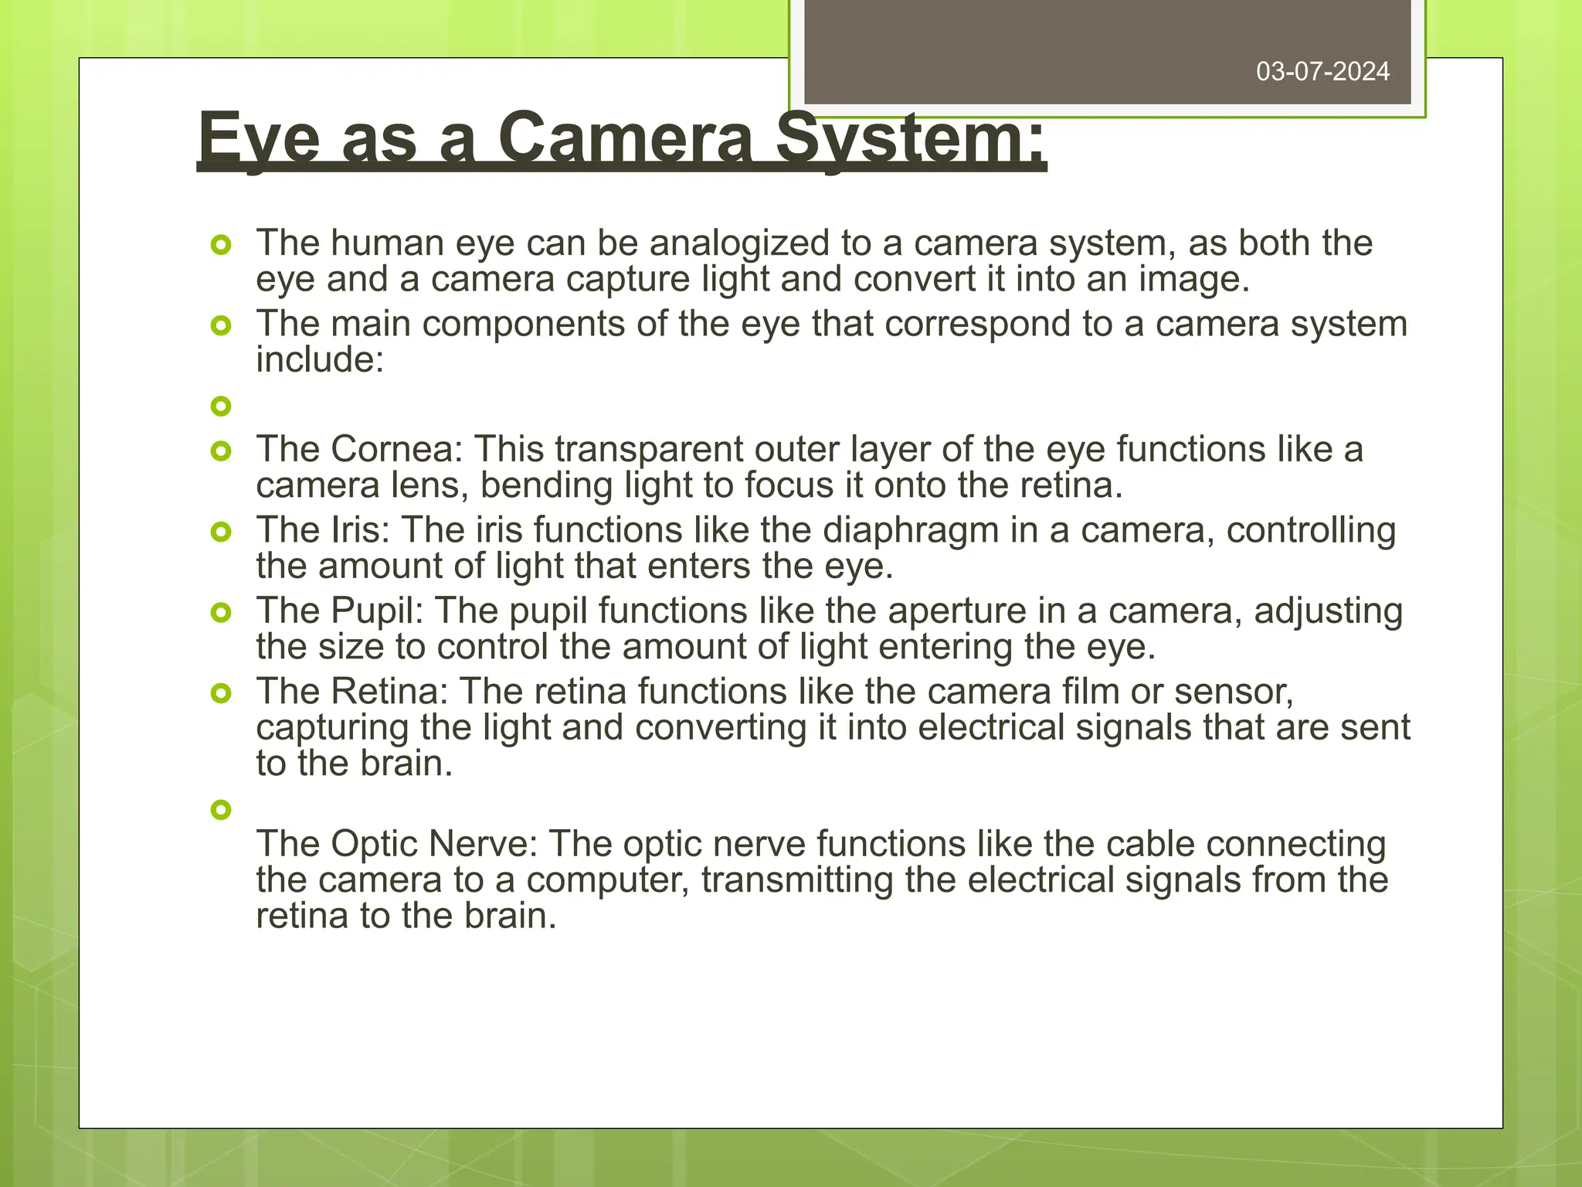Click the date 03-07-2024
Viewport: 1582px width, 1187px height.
click(x=1322, y=72)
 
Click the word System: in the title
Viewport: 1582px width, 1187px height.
click(x=912, y=139)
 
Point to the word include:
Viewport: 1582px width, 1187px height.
click(x=320, y=359)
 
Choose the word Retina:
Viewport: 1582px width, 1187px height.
click(x=390, y=692)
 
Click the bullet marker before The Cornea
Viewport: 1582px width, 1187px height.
click(x=221, y=451)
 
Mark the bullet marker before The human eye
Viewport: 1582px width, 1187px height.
click(x=221, y=246)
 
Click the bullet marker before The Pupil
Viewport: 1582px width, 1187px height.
click(x=221, y=613)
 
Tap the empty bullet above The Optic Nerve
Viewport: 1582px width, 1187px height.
click(x=221, y=810)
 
